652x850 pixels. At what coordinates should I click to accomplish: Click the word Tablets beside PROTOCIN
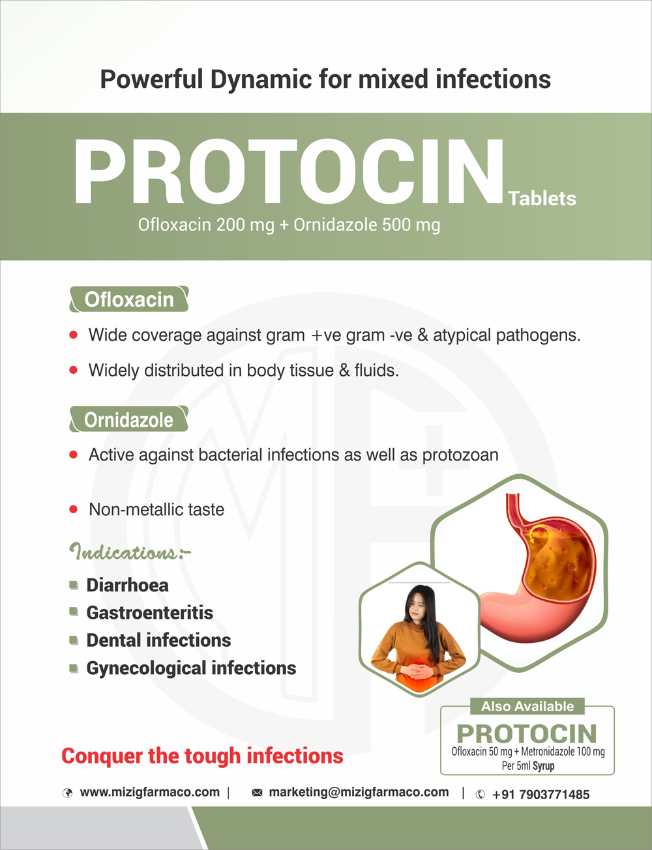tap(542, 198)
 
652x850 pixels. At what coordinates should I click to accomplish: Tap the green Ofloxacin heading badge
tap(129, 299)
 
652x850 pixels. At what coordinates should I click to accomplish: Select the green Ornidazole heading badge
tap(128, 419)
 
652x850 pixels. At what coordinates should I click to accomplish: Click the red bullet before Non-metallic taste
tap(73, 509)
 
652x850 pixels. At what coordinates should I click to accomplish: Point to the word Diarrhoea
tap(127, 585)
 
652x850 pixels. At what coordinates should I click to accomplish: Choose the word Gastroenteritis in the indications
tap(149, 612)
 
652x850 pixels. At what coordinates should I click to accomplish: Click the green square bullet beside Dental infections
tap(73, 640)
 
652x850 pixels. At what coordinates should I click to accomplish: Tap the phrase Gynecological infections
tap(191, 668)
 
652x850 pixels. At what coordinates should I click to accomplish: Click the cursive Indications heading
tap(130, 552)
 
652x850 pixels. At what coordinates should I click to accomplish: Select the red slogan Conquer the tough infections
tap(203, 756)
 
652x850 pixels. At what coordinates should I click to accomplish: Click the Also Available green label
tap(527, 706)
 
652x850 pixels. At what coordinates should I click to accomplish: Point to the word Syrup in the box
tap(544, 766)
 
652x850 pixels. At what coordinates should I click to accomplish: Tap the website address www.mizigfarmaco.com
tap(149, 792)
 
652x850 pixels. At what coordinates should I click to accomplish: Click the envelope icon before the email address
tap(257, 793)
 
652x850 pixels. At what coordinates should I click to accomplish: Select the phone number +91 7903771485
tap(541, 795)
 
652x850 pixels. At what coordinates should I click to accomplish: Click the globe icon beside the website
tap(67, 793)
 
